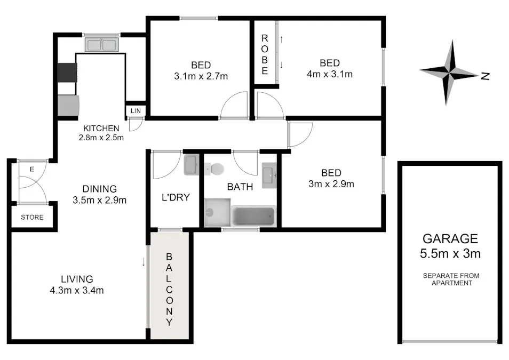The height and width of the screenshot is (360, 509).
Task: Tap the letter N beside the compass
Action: tap(485, 76)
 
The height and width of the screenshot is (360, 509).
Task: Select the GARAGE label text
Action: tap(450, 238)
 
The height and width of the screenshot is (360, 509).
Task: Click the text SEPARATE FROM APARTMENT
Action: tap(451, 279)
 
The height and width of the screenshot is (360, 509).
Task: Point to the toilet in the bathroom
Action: tap(216, 169)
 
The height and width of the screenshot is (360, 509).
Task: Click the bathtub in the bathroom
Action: tap(254, 216)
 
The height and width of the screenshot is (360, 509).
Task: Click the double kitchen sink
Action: tap(100, 45)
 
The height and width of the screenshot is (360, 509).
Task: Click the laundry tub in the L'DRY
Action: tap(190, 165)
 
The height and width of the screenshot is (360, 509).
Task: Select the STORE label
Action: tap(32, 218)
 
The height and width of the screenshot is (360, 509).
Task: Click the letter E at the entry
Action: tap(32, 169)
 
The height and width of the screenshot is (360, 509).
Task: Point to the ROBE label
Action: tap(264, 55)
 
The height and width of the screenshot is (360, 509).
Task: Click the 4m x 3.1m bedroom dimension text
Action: tap(330, 74)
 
